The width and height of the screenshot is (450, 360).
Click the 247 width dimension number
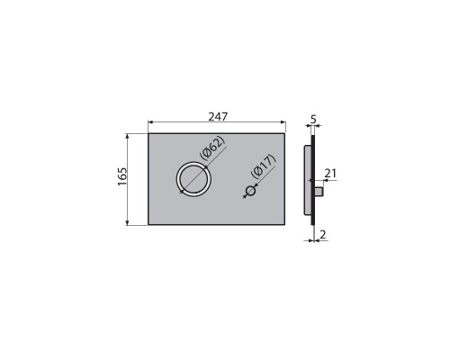(218, 117)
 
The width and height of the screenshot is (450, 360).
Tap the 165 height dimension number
(122, 176)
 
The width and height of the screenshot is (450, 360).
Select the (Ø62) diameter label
(212, 148)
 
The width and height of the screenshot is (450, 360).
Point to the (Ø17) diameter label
(263, 166)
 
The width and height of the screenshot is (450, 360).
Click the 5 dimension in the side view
(313, 120)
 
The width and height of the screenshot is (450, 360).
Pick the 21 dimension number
(330, 174)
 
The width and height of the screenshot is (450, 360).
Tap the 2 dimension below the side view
(323, 235)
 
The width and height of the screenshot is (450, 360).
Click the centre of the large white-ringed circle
(193, 179)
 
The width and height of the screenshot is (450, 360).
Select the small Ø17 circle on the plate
(251, 191)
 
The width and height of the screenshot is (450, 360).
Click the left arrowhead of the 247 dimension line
(150, 122)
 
